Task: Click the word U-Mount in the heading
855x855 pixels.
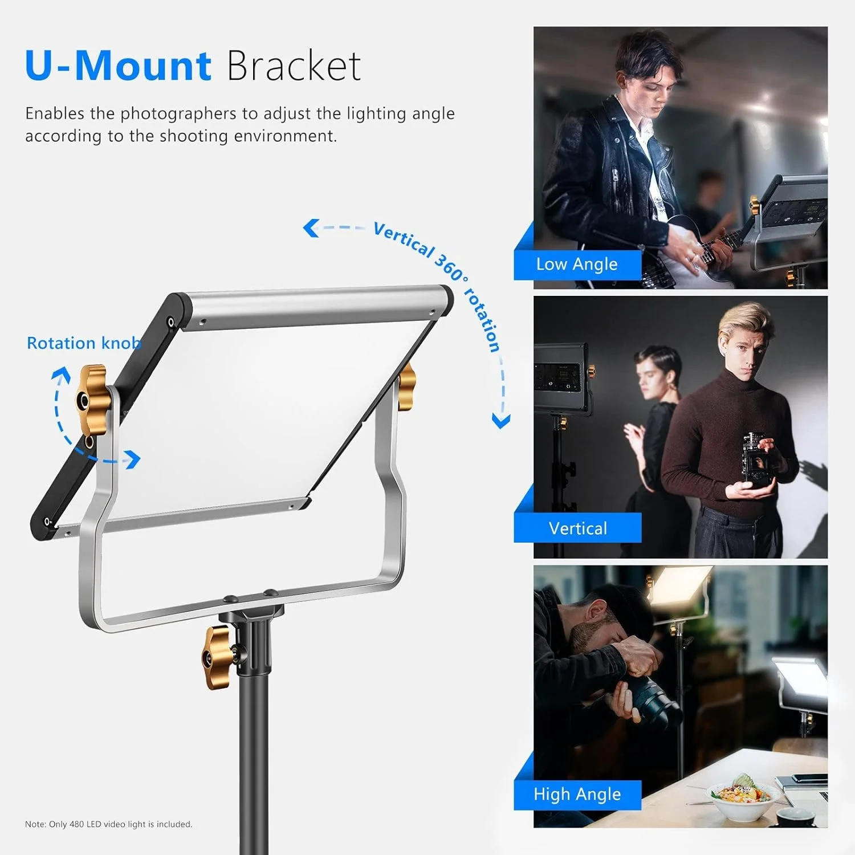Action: (x=118, y=66)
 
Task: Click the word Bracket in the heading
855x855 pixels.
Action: (x=294, y=66)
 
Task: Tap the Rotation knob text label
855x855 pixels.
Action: (x=84, y=343)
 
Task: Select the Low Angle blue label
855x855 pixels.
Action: (x=577, y=264)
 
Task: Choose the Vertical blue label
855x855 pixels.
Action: (x=577, y=528)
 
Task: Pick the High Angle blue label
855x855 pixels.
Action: (x=577, y=794)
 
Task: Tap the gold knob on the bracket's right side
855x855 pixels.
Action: (x=406, y=387)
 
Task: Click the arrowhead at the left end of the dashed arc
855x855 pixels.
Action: (x=310, y=228)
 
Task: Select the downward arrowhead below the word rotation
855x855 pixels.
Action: (x=501, y=421)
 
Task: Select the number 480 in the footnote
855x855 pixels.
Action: (x=76, y=824)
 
